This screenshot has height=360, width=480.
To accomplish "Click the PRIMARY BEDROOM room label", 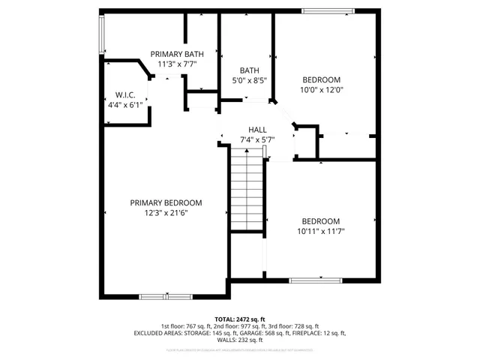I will pyautogui.click(x=166, y=202).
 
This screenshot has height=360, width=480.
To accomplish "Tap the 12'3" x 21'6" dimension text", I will pyautogui.click(x=166, y=213).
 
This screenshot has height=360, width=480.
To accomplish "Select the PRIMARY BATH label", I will pyautogui.click(x=177, y=54).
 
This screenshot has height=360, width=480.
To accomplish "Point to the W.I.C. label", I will pyautogui.click(x=124, y=95).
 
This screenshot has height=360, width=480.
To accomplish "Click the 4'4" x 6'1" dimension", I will pyautogui.click(x=124, y=105).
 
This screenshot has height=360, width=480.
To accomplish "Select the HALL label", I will pyautogui.click(x=257, y=129).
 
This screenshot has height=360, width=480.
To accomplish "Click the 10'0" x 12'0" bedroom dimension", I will pyautogui.click(x=321, y=90).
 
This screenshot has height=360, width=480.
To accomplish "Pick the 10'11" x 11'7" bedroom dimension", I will pyautogui.click(x=320, y=231).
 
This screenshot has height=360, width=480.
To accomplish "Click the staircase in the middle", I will pyautogui.click(x=247, y=190).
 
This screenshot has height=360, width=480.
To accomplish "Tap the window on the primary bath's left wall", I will pyautogui.click(x=102, y=35).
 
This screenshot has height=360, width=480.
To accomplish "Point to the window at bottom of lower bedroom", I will pyautogui.click(x=316, y=281).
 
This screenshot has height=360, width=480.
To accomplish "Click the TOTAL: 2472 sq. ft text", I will pyautogui.click(x=240, y=319).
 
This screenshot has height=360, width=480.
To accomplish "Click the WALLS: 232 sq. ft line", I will pyautogui.click(x=240, y=339).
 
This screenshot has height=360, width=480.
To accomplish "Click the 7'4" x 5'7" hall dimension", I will pyautogui.click(x=257, y=139).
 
